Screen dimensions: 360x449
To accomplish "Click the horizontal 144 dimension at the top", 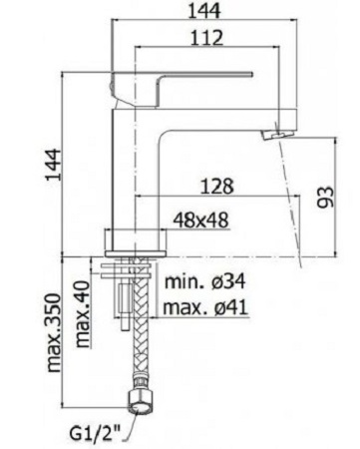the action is coord(204,11).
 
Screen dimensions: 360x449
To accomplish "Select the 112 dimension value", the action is coord(206,38).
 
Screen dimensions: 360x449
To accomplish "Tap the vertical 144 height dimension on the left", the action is coord(54,165).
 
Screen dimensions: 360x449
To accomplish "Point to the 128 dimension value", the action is coord(217,187).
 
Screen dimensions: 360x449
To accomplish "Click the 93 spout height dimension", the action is coord(325,198).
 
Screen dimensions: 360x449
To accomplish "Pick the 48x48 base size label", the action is coord(200,220).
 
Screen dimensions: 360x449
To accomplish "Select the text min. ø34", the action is coord(205,281).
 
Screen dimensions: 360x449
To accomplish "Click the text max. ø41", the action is coord(205,307).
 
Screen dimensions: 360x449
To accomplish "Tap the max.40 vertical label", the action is coord(83,314).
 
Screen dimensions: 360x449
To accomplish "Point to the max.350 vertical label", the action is coord(54,332).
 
